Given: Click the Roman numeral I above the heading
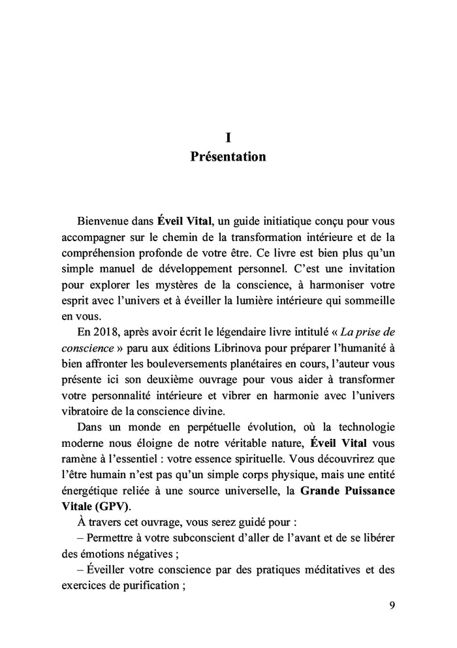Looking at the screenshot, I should click(228, 137).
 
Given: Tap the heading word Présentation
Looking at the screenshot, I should click(228, 157).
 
